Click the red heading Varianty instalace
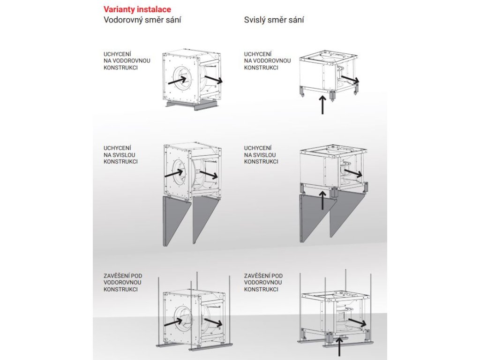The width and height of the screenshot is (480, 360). (x=137, y=9)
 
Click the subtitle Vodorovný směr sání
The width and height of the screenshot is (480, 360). (x=142, y=20)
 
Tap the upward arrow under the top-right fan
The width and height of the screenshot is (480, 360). (x=322, y=105)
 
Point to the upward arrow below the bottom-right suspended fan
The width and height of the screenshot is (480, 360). (x=339, y=348)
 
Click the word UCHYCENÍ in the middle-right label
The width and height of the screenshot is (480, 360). (x=258, y=148)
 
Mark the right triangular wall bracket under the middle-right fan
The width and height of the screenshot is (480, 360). (x=346, y=213)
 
